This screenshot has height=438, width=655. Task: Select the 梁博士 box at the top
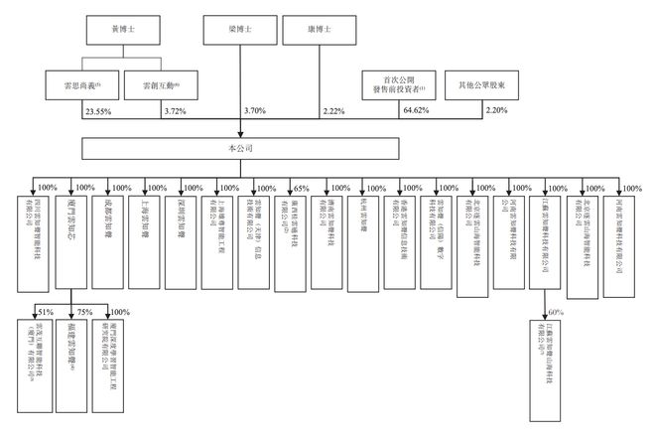tap(239, 30)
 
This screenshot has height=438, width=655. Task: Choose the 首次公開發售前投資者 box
tap(396, 85)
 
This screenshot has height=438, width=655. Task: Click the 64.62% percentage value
tap(410, 113)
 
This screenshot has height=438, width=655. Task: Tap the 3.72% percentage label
tap(174, 113)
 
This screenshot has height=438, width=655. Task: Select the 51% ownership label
tap(46, 313)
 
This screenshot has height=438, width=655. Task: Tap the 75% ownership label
tap(85, 313)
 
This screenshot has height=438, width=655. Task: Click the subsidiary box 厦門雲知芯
tap(69, 222)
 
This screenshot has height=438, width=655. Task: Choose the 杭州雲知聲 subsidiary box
tap(364, 224)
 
